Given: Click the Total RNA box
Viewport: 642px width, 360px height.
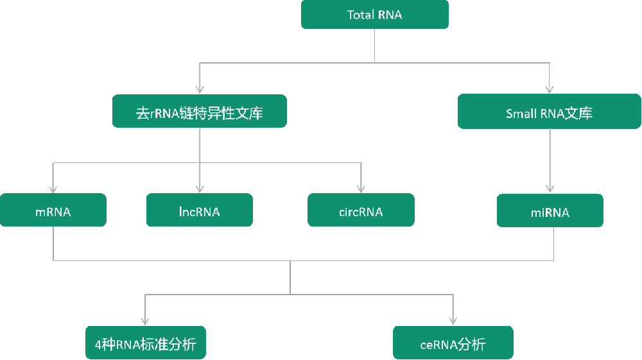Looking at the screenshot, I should tap(375, 15).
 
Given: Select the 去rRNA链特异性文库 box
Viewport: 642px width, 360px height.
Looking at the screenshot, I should tap(199, 112).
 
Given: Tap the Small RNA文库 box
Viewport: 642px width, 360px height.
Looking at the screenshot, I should tap(549, 112).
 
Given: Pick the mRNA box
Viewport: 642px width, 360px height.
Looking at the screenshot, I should tap(53, 210).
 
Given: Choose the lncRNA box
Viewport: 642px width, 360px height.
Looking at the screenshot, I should tap(200, 210).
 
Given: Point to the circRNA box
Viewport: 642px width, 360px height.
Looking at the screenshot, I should tap(361, 210).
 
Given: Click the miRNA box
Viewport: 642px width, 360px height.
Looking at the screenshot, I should tap(550, 210).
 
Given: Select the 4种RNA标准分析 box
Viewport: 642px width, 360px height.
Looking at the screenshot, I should tap(145, 343).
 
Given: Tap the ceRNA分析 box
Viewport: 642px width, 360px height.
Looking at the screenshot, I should tap(453, 343).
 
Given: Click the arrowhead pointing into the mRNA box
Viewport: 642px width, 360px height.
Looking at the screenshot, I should tap(53, 189).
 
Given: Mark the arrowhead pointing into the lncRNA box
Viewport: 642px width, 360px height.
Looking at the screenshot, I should tap(200, 189).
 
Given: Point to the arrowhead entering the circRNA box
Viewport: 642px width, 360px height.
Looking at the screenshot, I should tap(361, 189).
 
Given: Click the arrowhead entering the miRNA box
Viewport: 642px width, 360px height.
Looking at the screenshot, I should tap(550, 189).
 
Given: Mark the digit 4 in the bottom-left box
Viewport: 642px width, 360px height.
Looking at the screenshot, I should tap(98, 345).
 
